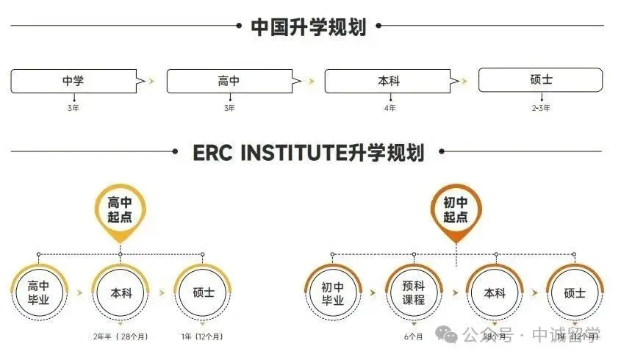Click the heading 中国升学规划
pyautogui.click(x=308, y=27)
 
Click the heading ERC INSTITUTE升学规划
pyautogui.click(x=308, y=153)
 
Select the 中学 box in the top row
pyautogui.click(x=73, y=81)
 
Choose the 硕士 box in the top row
pyautogui.click(x=540, y=79)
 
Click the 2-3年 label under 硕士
pyautogui.click(x=541, y=108)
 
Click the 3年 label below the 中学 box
pyautogui.click(x=73, y=108)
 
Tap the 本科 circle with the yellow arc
pyautogui.click(x=121, y=292)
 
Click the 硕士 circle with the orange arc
pyautogui.click(x=575, y=292)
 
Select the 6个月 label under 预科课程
pyautogui.click(x=414, y=336)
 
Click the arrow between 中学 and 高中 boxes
pyautogui.click(x=151, y=81)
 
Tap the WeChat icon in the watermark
pyautogui.click(x=448, y=334)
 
